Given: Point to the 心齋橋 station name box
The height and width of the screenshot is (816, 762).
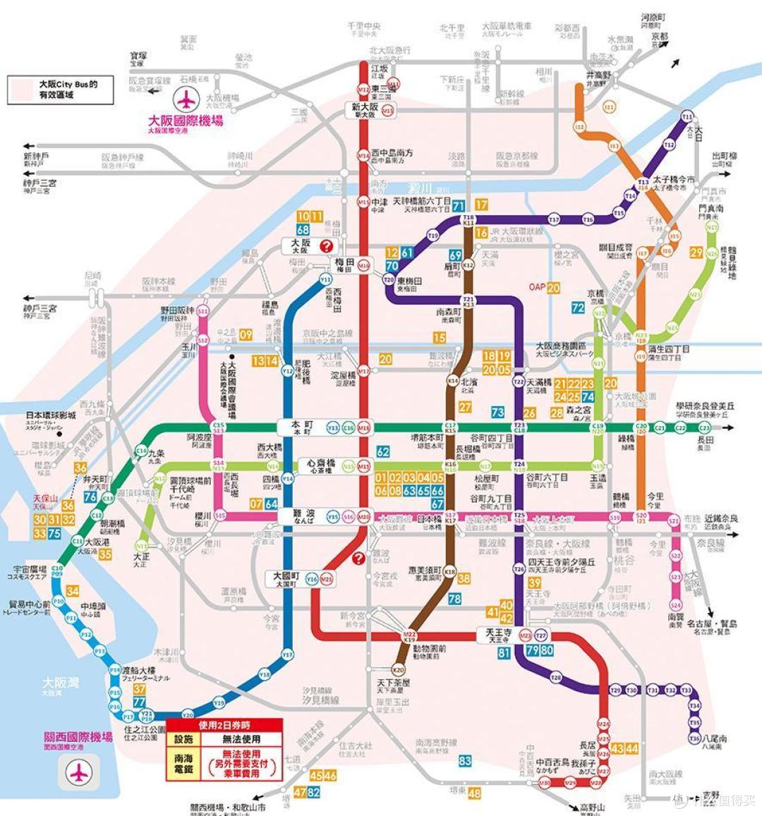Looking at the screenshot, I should click(x=316, y=465).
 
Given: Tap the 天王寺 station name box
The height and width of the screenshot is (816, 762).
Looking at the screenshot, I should click(x=497, y=634).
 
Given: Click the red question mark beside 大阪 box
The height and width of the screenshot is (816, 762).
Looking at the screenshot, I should click(x=327, y=245).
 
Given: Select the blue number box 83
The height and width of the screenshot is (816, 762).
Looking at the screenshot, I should click(x=464, y=761).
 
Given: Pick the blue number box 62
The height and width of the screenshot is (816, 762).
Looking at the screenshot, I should click(x=383, y=451).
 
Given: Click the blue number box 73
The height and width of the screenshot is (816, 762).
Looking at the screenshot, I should click(x=498, y=412).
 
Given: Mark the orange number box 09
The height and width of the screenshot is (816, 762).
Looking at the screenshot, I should click(x=246, y=334).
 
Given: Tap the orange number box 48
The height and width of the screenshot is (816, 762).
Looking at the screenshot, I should click(x=474, y=793).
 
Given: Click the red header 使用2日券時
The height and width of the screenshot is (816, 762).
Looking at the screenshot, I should click(x=224, y=725).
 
